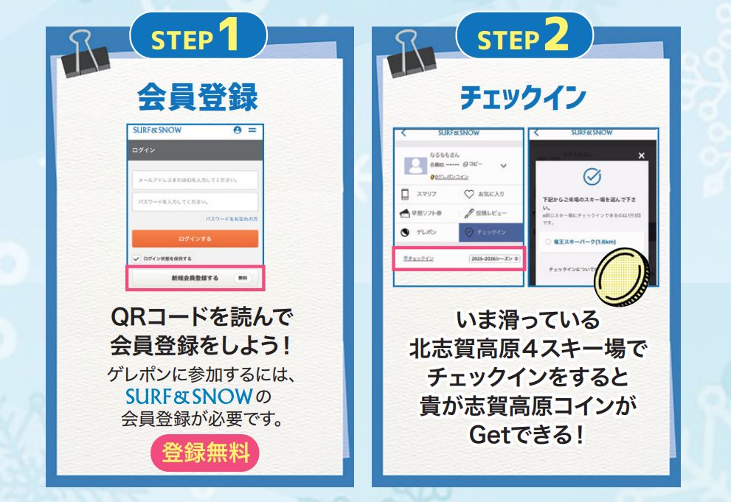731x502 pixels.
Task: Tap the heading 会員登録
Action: pyautogui.click(x=198, y=97)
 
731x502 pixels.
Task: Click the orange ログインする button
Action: pyautogui.click(x=195, y=239)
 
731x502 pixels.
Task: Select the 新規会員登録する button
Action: pyautogui.click(x=195, y=278)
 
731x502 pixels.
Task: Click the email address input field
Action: pyautogui.click(x=195, y=180)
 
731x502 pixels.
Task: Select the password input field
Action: pyautogui.click(x=195, y=201)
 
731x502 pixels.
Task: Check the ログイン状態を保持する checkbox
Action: pyautogui.click(x=136, y=259)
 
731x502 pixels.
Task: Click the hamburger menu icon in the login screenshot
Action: pyautogui.click(x=252, y=130)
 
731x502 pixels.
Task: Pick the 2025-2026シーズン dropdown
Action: pyautogui.click(x=494, y=259)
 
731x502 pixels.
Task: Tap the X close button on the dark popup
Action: pyautogui.click(x=641, y=156)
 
